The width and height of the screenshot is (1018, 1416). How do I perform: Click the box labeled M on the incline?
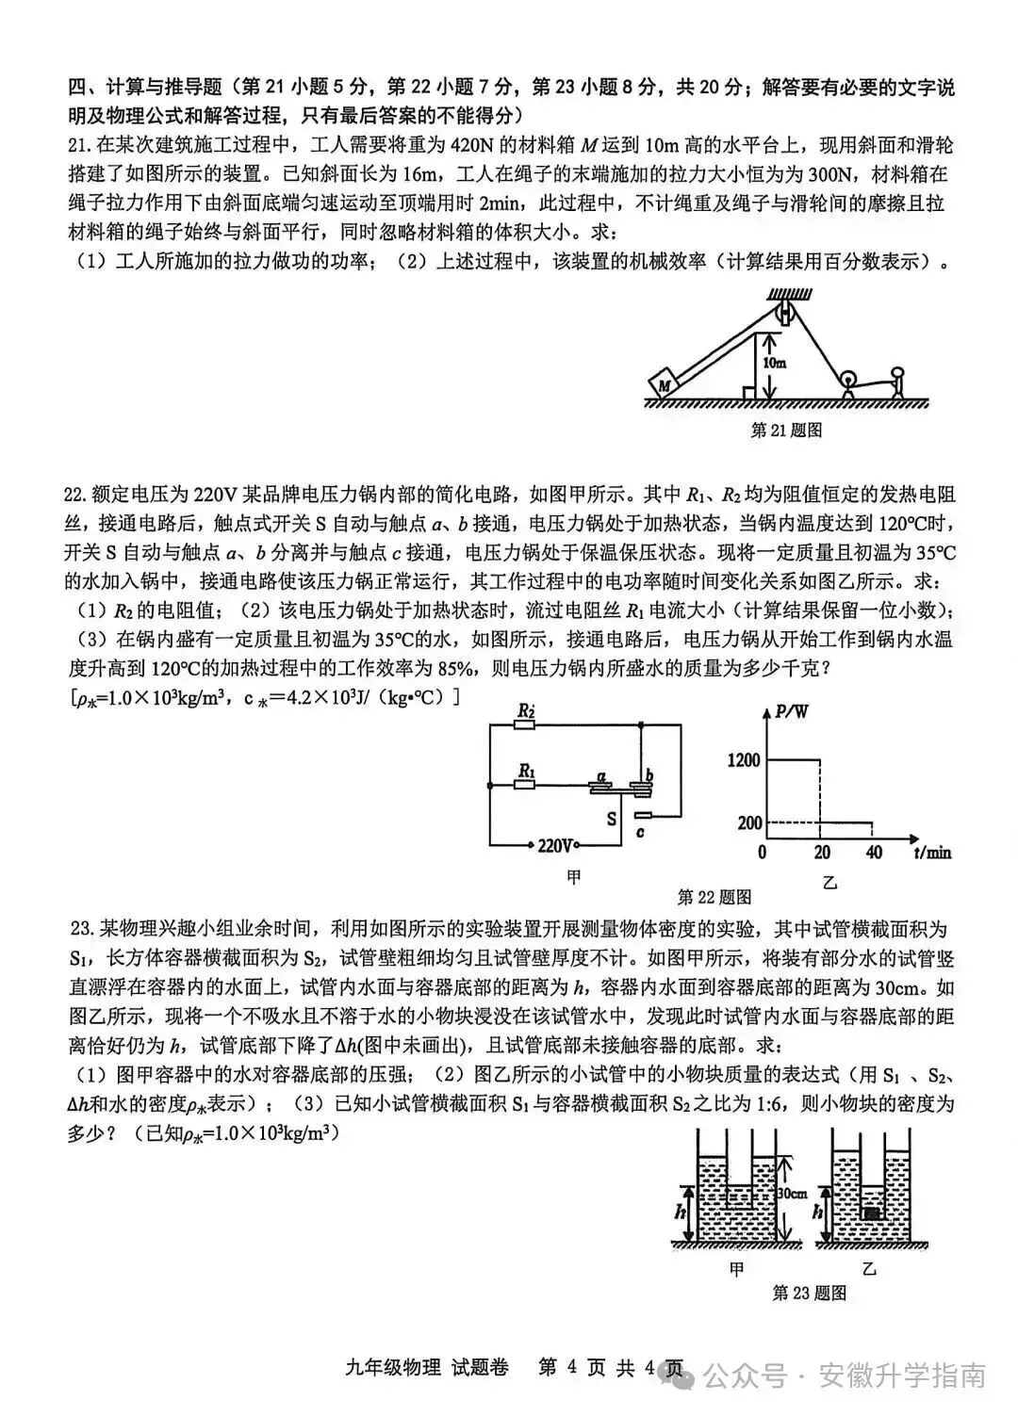coord(665,383)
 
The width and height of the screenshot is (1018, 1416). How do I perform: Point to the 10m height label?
coord(775,362)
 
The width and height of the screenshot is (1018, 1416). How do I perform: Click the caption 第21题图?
coord(786,431)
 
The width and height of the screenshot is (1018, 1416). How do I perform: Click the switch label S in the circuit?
coord(612,819)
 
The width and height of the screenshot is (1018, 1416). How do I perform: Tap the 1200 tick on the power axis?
coord(744,759)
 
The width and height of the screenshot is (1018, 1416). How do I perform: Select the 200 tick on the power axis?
coord(749,822)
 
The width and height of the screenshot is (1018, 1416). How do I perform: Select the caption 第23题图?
coord(809,1293)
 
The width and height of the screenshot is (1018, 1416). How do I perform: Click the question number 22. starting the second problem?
coord(75,496)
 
